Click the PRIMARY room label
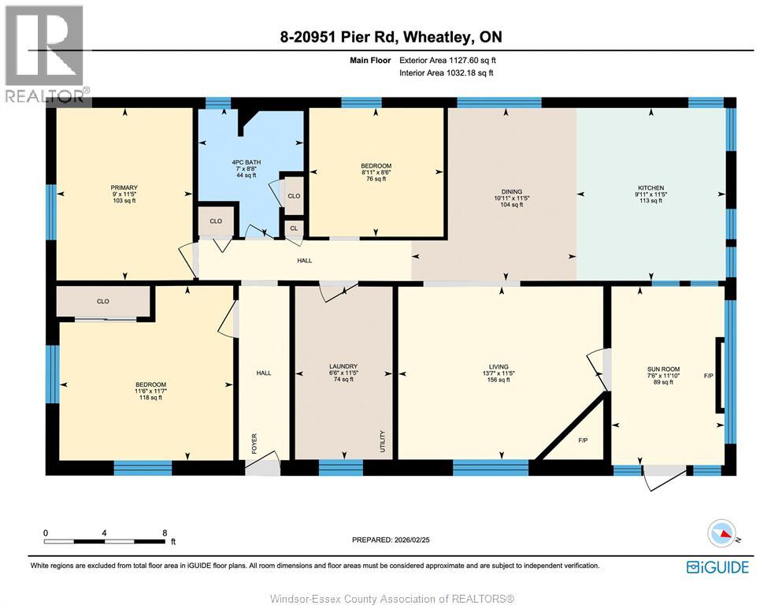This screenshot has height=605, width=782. pos(124,187)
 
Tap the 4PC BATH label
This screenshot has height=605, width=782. pos(250,162)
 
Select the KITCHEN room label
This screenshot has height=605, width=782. pos(651,187)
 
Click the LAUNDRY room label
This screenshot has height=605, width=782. pos(343,366)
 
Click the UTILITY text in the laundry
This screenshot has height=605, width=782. pos(383,440)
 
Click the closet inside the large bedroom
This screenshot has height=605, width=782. pos(102,301)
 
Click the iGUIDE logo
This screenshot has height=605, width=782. pos(717,566)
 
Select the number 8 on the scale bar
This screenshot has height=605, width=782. pos(165,533)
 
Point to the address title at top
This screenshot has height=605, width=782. pos(391,37)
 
